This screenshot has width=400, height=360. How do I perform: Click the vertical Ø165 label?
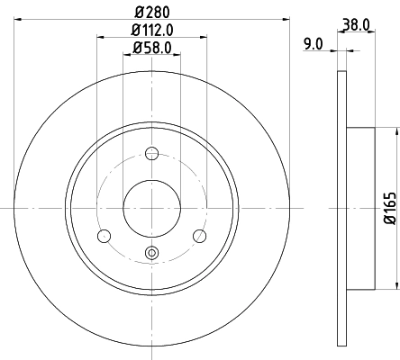click(x=390, y=208)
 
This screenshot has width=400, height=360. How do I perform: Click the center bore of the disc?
click(x=151, y=207)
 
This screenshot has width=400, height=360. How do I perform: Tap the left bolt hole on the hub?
click(x=104, y=236)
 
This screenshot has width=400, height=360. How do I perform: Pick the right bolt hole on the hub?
click(x=199, y=236)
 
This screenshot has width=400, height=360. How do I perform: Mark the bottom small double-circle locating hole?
click(x=151, y=253)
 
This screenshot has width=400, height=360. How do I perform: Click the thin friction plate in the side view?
click(x=341, y=208)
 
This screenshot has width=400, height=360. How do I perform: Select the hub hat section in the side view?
click(x=360, y=208)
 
